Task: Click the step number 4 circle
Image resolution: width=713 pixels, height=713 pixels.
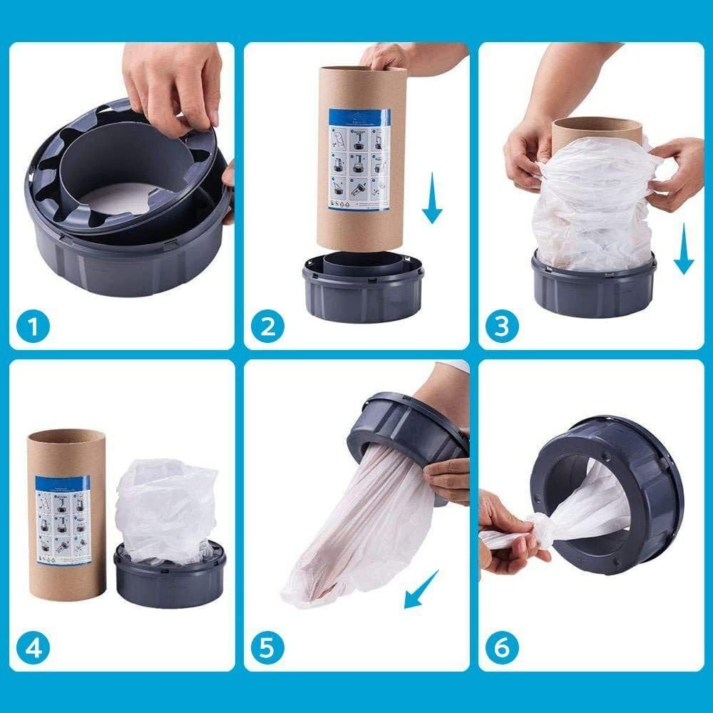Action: (34, 648)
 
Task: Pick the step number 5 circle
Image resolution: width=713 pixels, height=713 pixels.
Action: (268, 648)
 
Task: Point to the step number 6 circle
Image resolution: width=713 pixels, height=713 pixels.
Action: (502, 648)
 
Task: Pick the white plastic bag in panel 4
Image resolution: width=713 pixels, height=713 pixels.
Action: (166, 508)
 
